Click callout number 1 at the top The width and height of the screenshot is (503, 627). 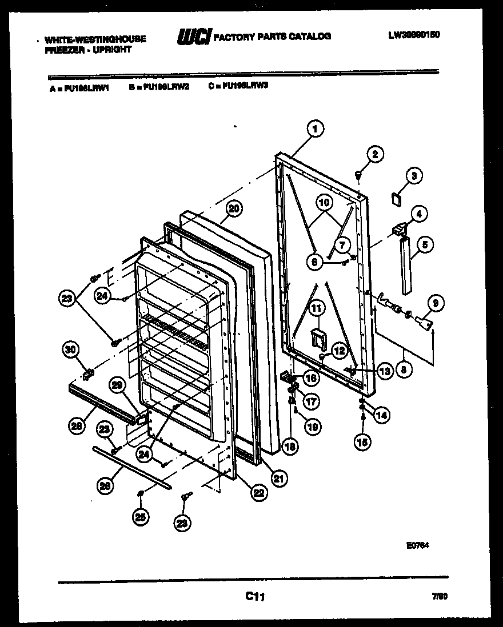(x=314, y=128)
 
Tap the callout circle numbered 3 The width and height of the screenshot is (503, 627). (x=414, y=176)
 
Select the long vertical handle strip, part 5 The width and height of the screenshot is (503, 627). (x=407, y=266)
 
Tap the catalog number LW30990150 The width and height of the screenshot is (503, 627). (x=414, y=34)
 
